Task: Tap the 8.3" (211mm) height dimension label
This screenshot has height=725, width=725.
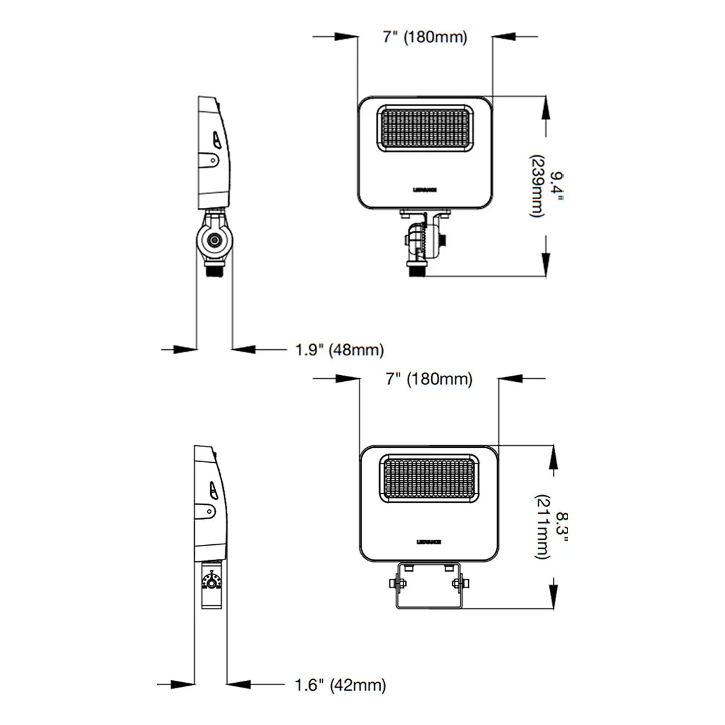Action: [550, 526]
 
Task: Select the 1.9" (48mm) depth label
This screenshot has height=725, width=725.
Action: [339, 350]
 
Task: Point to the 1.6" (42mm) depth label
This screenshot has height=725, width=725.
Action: [340, 685]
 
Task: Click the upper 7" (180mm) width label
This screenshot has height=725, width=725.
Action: [425, 37]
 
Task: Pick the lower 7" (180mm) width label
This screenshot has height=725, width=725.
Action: [429, 379]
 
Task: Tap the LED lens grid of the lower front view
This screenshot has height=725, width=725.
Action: [428, 478]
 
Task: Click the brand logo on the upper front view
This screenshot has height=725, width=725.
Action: [425, 189]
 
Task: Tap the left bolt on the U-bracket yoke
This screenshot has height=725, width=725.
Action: [394, 583]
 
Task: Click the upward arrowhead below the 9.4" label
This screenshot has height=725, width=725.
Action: [546, 247]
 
